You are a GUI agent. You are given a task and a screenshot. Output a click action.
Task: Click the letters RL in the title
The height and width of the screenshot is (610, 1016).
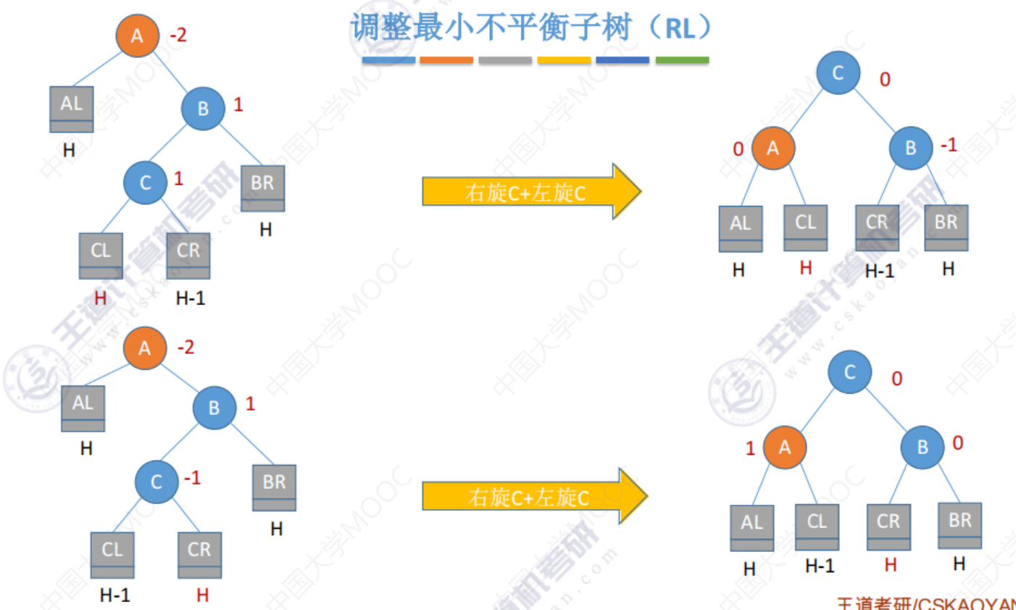679,29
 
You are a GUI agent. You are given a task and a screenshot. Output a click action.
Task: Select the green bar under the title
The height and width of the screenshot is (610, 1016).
682,60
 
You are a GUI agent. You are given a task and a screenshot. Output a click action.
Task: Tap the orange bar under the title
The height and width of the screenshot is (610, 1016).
446,60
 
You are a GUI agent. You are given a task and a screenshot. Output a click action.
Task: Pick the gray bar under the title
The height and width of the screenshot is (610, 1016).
505,60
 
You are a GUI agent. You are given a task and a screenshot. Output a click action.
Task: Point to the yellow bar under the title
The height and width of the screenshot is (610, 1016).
564,60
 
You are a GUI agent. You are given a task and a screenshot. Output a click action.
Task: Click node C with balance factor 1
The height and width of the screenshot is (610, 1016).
145,182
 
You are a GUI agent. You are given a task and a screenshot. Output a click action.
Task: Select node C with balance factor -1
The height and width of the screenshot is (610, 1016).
156,482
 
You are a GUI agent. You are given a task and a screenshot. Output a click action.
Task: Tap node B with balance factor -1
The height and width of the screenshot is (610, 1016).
910,148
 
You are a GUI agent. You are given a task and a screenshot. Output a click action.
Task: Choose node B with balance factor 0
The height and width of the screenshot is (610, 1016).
922,447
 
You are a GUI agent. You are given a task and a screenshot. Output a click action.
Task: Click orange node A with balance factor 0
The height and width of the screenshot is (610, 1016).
773,148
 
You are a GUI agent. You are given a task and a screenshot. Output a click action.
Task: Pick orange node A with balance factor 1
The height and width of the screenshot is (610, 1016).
784,447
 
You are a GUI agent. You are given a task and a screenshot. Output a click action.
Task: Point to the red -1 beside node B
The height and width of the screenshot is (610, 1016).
949,145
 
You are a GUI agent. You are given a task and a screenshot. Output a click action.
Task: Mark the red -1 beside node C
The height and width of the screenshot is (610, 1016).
192,478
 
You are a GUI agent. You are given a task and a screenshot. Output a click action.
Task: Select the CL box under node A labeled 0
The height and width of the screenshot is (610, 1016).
805,227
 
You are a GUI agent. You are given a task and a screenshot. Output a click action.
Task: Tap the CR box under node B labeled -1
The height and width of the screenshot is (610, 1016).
877,227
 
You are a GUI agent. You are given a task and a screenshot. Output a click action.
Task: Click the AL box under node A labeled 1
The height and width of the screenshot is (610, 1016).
751,527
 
